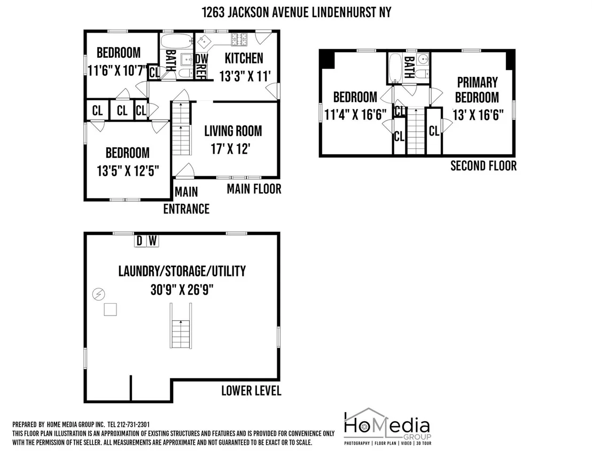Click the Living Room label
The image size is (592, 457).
[233, 131]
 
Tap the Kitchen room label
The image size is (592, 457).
[244, 58]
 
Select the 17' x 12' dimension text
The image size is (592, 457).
[230, 149]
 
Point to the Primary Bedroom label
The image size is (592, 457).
[477, 90]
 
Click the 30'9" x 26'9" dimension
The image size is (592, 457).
[182, 290]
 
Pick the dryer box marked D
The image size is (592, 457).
[139, 241]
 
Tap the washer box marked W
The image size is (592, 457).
[152, 241]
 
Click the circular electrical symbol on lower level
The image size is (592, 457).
[99, 294]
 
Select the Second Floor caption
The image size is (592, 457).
[483, 166]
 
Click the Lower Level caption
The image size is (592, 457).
[251, 391]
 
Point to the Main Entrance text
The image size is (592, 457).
[186, 200]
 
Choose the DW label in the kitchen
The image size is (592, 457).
[202, 59]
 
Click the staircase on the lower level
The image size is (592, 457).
[181, 326]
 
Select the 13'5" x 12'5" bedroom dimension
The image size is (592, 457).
[128, 171]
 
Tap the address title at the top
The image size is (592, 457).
[297, 12]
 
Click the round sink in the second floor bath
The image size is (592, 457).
[424, 59]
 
